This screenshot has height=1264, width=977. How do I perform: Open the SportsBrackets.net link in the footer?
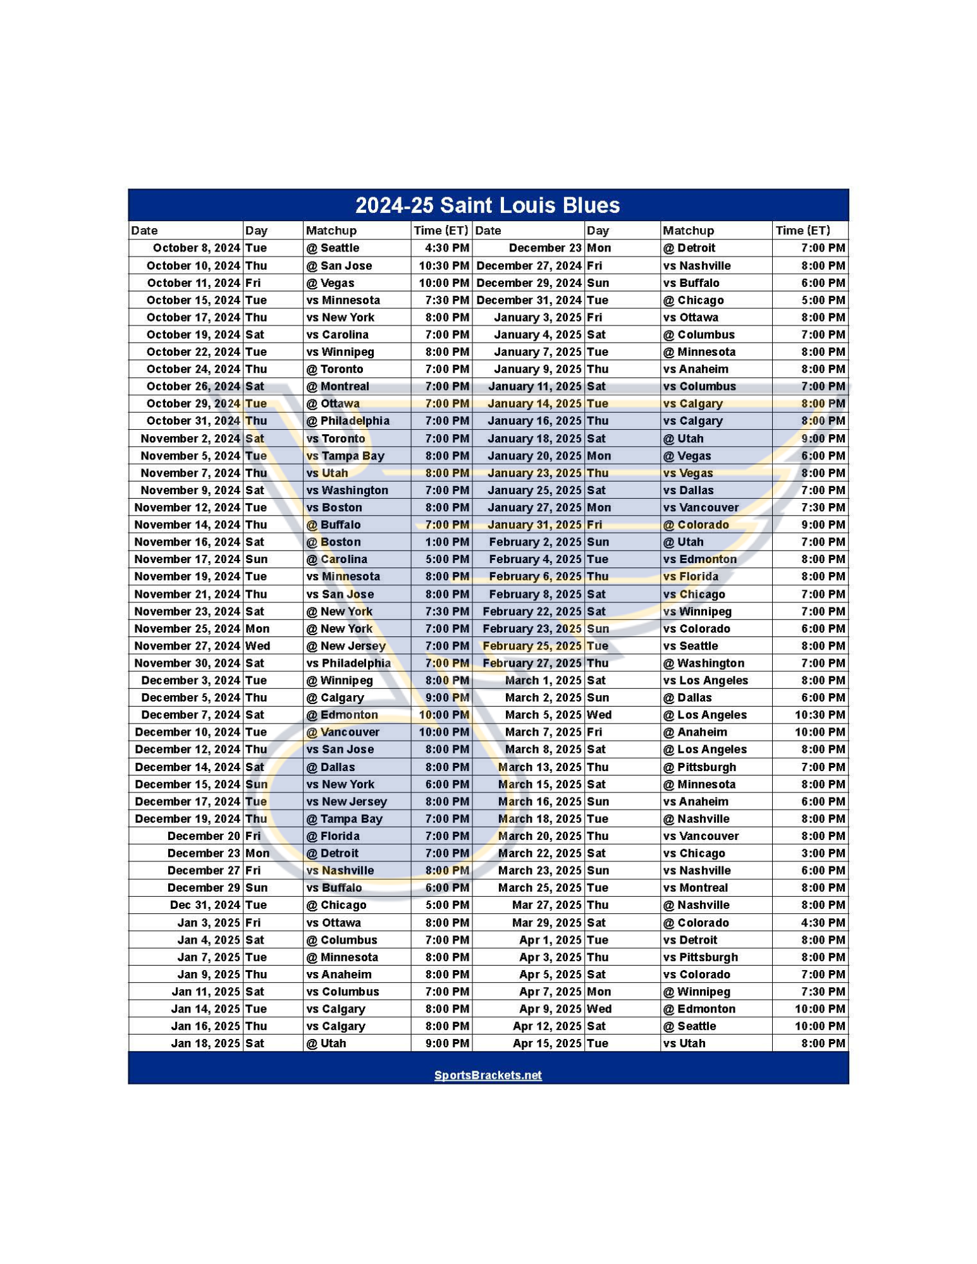click(488, 1075)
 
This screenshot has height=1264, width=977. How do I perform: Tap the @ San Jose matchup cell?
click(339, 265)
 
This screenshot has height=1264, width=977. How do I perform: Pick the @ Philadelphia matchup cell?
click(348, 421)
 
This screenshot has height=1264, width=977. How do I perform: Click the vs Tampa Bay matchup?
click(345, 456)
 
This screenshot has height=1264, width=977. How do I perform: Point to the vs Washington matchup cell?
click(347, 490)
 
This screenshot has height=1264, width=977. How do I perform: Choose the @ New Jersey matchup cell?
click(346, 645)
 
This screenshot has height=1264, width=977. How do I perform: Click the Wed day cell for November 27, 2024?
click(257, 645)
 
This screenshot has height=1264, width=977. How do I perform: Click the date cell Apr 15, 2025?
click(546, 1043)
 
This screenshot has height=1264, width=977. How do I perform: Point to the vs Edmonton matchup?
click(699, 559)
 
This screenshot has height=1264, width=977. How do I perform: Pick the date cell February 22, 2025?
click(531, 611)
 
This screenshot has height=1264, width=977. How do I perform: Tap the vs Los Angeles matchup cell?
click(705, 680)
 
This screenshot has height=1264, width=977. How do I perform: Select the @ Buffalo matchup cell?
click(333, 525)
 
